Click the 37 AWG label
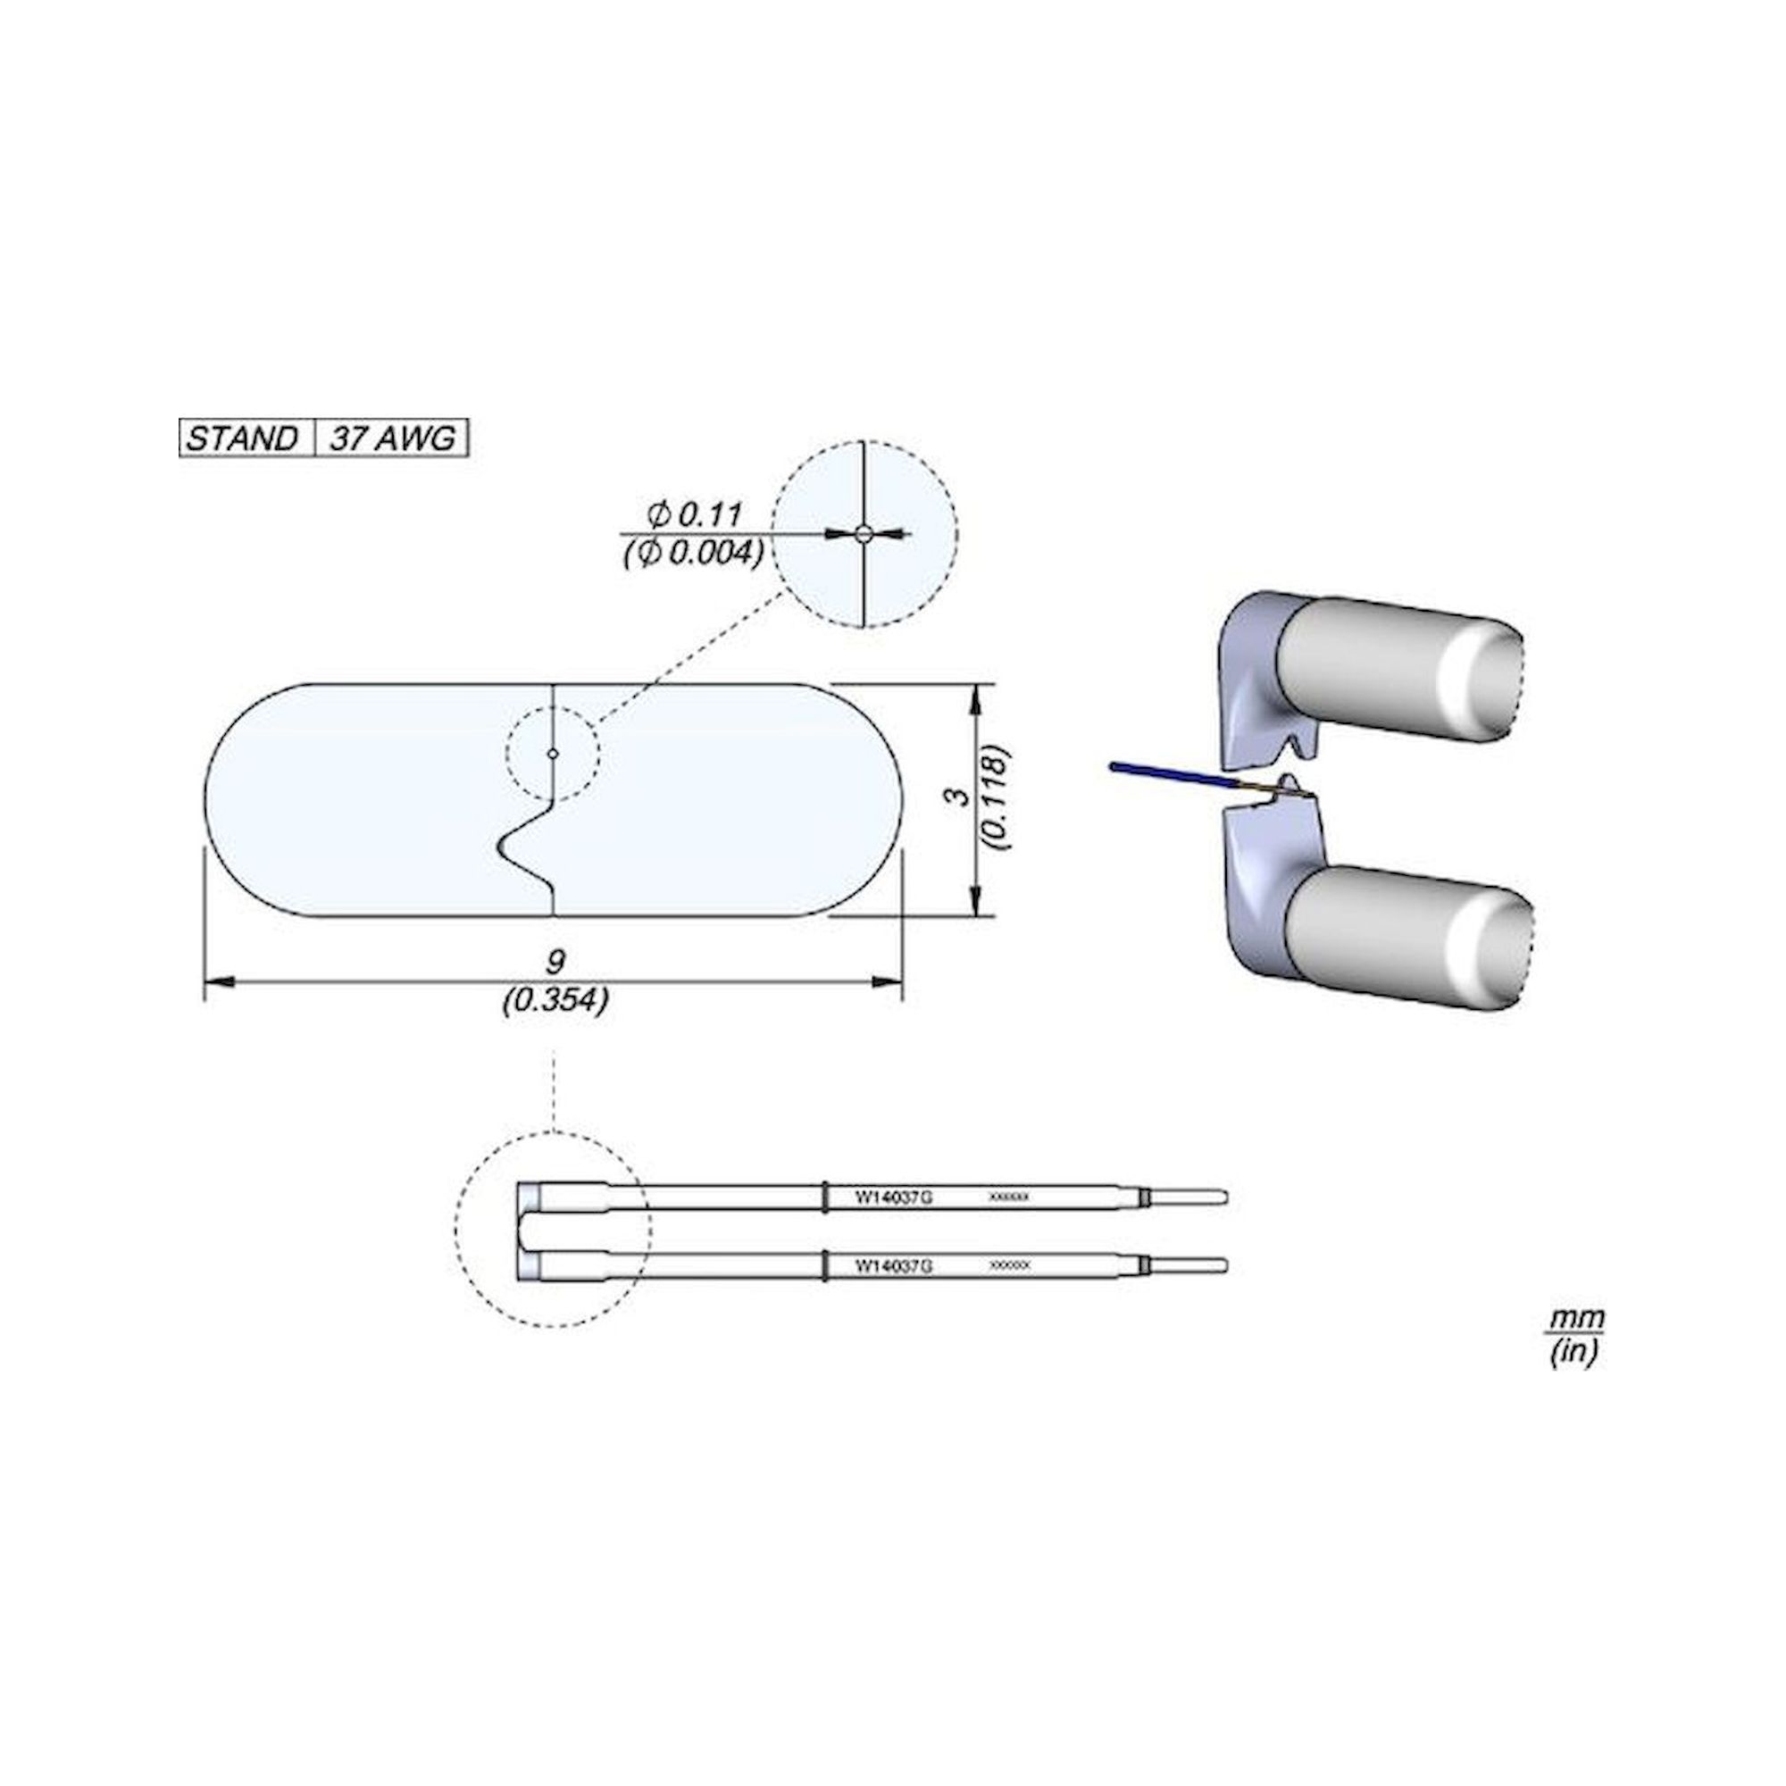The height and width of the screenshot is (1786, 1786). point(392,438)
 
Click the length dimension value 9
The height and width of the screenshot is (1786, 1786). point(554,963)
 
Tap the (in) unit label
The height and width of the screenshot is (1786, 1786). point(1574,1351)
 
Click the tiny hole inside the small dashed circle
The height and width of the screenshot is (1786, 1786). point(553,754)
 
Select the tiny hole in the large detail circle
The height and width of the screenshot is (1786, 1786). point(863,533)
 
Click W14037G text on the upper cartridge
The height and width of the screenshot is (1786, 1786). point(893,1198)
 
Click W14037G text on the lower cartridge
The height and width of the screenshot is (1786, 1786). point(893,1265)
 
